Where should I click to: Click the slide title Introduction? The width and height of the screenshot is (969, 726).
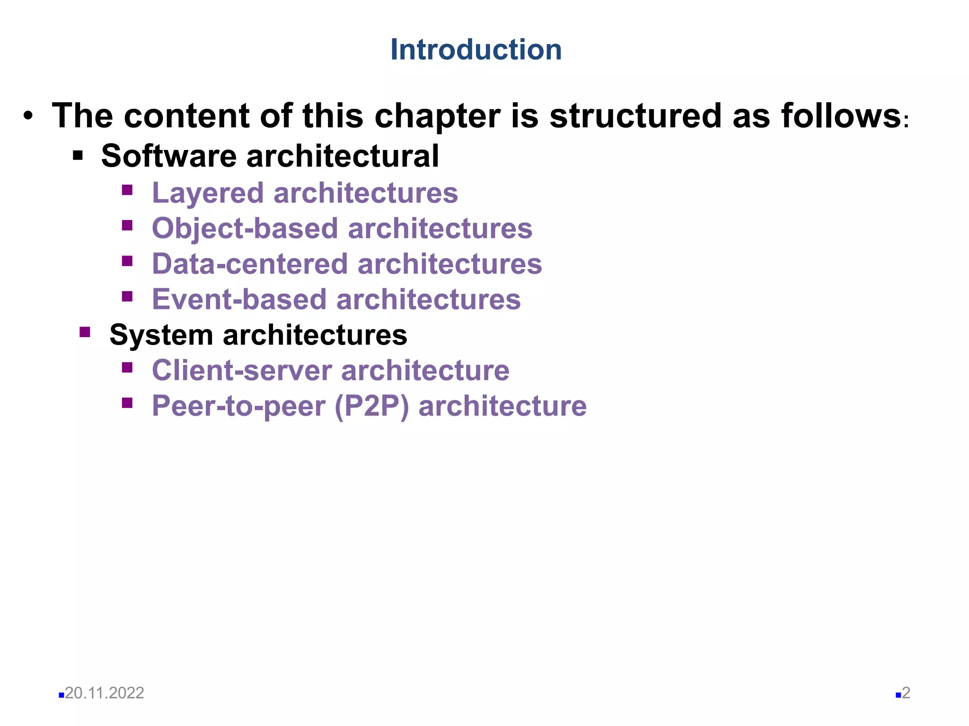[x=476, y=50]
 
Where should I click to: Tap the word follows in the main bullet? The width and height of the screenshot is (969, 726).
[x=841, y=116]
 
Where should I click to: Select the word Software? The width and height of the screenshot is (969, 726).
[x=169, y=156]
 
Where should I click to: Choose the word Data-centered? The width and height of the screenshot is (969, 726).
[x=250, y=264]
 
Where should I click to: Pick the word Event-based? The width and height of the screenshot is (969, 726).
[x=239, y=300]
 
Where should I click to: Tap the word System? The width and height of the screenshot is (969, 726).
[x=161, y=335]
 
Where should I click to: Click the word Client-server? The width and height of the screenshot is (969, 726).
[x=242, y=370]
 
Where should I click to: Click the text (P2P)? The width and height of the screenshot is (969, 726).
[x=372, y=406]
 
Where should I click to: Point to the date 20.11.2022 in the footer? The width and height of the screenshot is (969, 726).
[x=105, y=693]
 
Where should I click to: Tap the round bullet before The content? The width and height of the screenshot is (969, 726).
[x=28, y=116]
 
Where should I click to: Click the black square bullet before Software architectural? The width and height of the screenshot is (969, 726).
[x=78, y=155]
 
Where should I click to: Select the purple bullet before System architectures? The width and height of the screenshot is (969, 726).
[x=85, y=332]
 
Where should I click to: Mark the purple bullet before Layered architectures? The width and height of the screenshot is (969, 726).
[x=127, y=190]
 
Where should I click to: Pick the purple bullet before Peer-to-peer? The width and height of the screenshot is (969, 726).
[x=127, y=403]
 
